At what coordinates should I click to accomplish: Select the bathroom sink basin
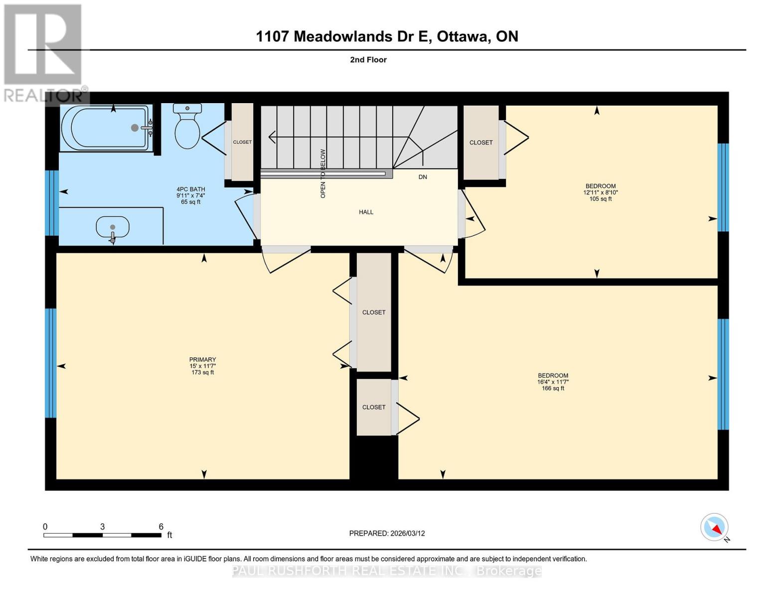point(112,228)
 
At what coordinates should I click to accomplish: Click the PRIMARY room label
point(202,360)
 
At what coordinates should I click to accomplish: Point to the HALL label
point(366,212)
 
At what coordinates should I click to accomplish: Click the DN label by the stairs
point(423,177)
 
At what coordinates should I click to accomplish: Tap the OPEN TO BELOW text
point(323,173)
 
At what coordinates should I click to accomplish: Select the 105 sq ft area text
point(601,199)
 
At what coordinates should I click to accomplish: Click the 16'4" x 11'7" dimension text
point(553,382)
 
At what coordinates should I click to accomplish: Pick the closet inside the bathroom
point(242,142)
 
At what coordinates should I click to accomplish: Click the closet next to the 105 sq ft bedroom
point(481,143)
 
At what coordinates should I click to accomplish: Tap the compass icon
point(714,527)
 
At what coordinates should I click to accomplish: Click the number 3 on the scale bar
point(102,527)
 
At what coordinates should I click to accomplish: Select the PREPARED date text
point(387,533)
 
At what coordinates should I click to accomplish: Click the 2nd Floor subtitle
point(368,60)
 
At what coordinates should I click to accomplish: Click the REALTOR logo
point(44,52)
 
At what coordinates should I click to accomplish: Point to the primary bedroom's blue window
point(50,363)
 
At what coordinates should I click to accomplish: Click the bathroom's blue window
point(52,203)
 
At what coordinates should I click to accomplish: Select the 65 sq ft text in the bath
point(191,202)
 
